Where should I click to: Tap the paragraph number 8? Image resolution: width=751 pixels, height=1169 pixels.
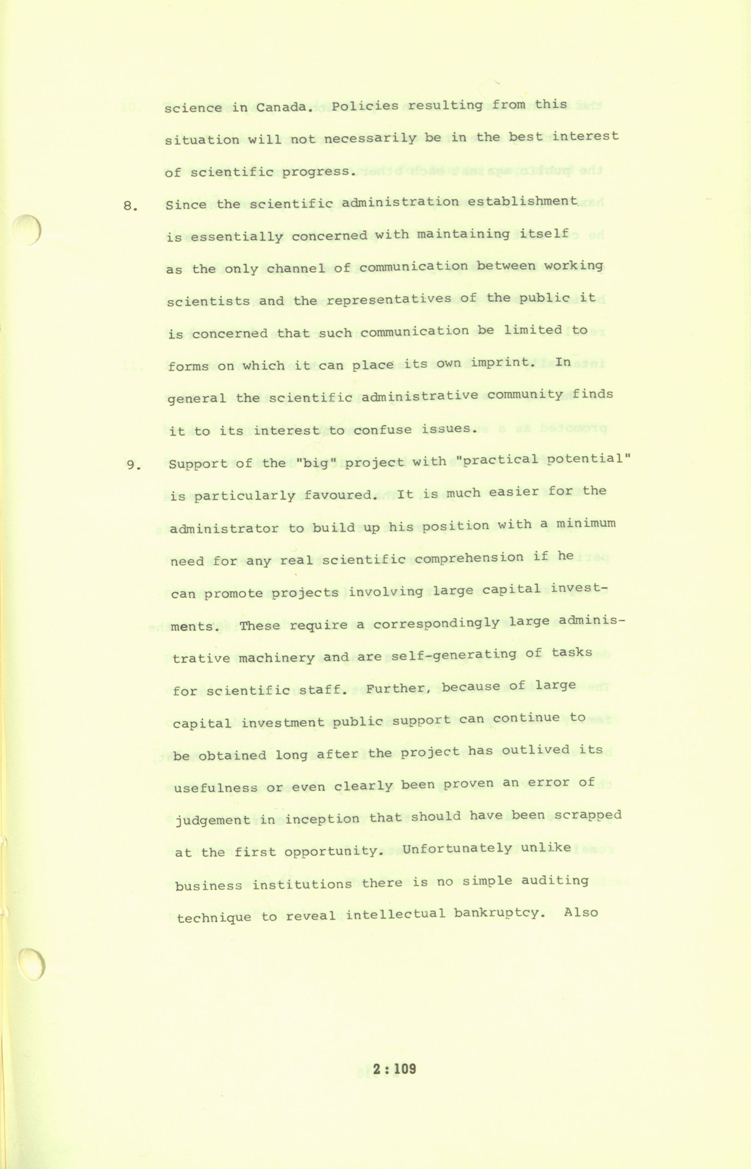[129, 206]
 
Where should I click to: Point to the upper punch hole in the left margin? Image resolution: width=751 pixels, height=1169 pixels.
[27, 231]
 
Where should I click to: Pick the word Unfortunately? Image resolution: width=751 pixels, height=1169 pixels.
[457, 849]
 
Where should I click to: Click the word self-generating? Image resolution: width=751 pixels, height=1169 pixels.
[453, 655]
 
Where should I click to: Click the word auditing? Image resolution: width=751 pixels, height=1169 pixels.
[554, 881]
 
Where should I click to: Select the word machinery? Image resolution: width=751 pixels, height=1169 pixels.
[276, 657]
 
